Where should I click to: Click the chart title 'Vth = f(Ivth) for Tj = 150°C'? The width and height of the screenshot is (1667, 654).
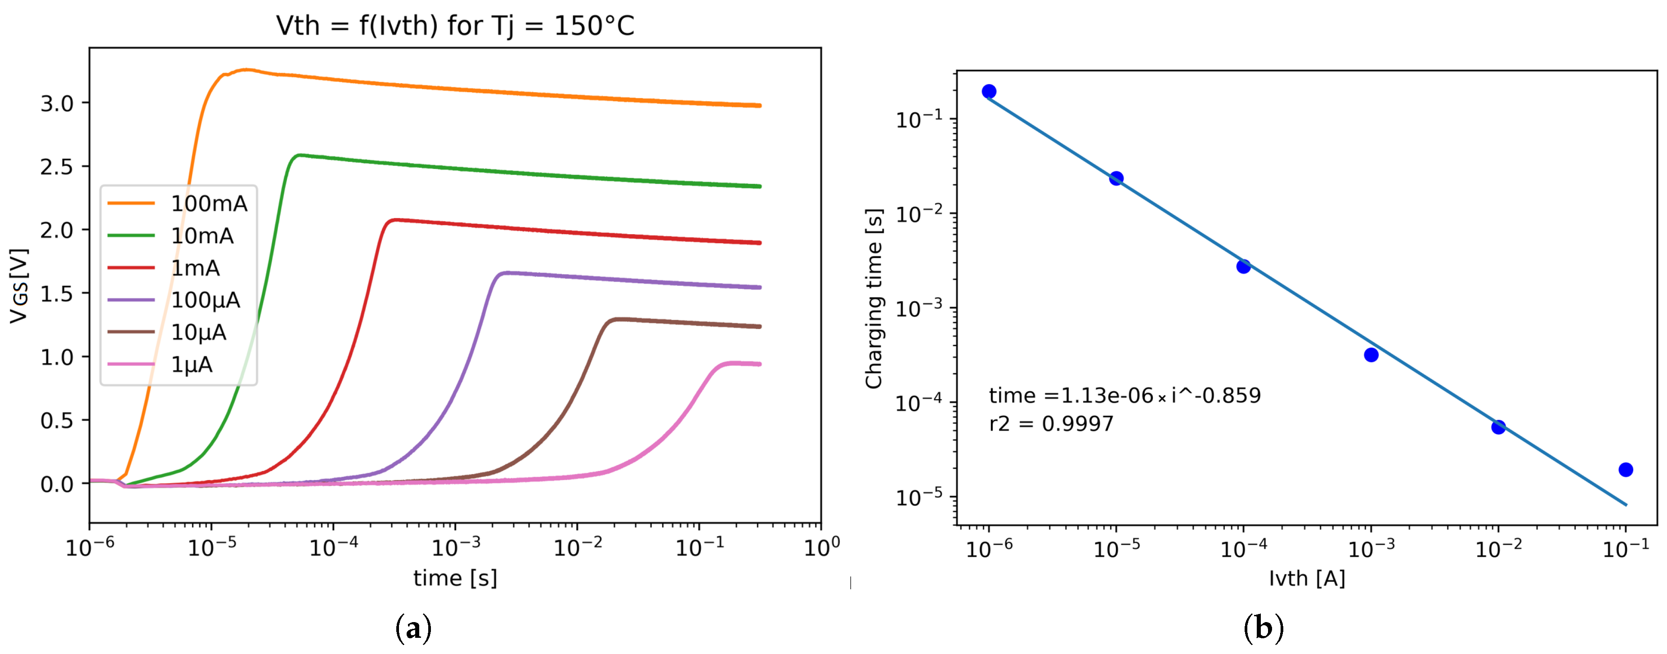(x=455, y=26)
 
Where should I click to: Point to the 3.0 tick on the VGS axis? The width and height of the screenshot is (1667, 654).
(x=57, y=103)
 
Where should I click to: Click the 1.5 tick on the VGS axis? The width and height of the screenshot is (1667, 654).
(x=57, y=294)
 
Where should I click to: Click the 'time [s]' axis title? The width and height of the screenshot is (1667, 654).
(x=455, y=578)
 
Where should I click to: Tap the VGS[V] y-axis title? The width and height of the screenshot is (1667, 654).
(x=19, y=285)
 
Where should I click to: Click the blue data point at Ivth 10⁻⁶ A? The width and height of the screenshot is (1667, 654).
(x=989, y=91)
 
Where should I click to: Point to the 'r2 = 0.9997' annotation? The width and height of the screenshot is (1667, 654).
(x=1052, y=424)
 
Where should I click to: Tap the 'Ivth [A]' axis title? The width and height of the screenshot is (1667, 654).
(x=1307, y=578)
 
